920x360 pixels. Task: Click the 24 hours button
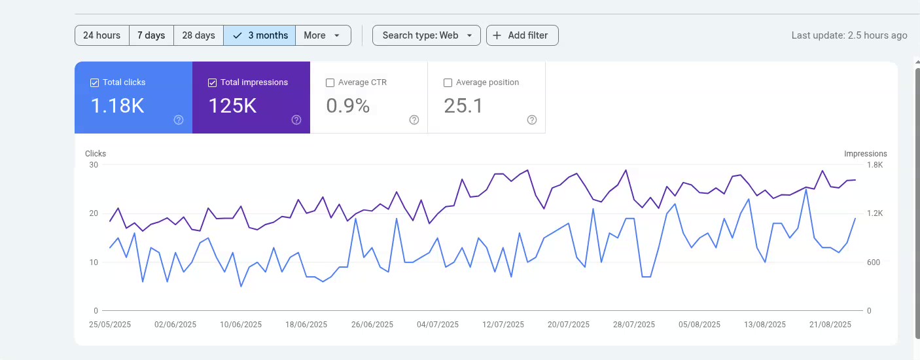101,35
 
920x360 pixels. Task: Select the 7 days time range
151,35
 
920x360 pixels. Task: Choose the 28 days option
198,35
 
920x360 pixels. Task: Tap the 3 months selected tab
260,35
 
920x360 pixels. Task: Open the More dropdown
323,35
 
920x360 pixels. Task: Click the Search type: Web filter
426,35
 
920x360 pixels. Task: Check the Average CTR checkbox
330,83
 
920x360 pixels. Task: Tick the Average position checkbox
448,83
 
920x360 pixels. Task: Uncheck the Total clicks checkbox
95,83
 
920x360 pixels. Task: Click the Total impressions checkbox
213,83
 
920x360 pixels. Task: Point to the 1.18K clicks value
117,105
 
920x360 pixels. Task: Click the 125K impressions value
232,105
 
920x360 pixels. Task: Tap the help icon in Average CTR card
414,120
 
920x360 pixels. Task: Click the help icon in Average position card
531,120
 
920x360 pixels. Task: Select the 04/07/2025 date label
438,325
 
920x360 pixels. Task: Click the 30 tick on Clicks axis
94,165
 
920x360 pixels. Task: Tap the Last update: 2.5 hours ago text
849,35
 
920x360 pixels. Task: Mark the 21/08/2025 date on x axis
830,325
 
